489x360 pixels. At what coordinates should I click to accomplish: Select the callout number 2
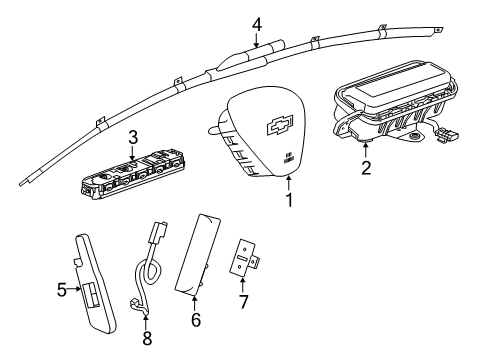click(x=366, y=167)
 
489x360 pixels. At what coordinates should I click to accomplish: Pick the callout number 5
click(x=61, y=319)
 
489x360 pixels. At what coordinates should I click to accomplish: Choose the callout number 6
click(x=196, y=320)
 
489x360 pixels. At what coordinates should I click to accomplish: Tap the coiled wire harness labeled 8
click(x=148, y=270)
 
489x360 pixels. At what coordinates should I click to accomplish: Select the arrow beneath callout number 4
click(x=257, y=39)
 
